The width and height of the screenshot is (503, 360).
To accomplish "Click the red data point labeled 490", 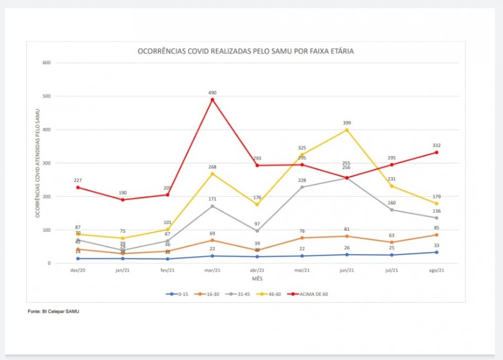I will click(212, 100).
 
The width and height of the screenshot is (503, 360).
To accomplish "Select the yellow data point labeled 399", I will click(347, 130).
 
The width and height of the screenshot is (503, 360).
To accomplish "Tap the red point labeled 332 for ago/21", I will click(436, 152).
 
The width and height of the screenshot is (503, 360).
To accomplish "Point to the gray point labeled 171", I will click(212, 206).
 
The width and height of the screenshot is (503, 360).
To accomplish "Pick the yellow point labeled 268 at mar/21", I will click(212, 173).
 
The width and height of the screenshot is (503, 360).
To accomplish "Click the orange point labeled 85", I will click(436, 235).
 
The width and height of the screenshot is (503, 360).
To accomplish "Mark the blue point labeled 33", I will click(436, 252).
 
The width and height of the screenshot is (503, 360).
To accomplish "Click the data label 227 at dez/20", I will click(78, 180).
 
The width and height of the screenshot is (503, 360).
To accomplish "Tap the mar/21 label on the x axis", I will click(212, 270).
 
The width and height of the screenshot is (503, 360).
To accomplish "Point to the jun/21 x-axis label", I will click(347, 270).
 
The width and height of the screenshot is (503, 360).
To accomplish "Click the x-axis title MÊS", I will click(257, 278).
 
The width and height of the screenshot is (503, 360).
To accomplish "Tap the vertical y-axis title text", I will click(37, 163).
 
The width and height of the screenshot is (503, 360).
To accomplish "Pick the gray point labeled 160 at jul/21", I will click(391, 210).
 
